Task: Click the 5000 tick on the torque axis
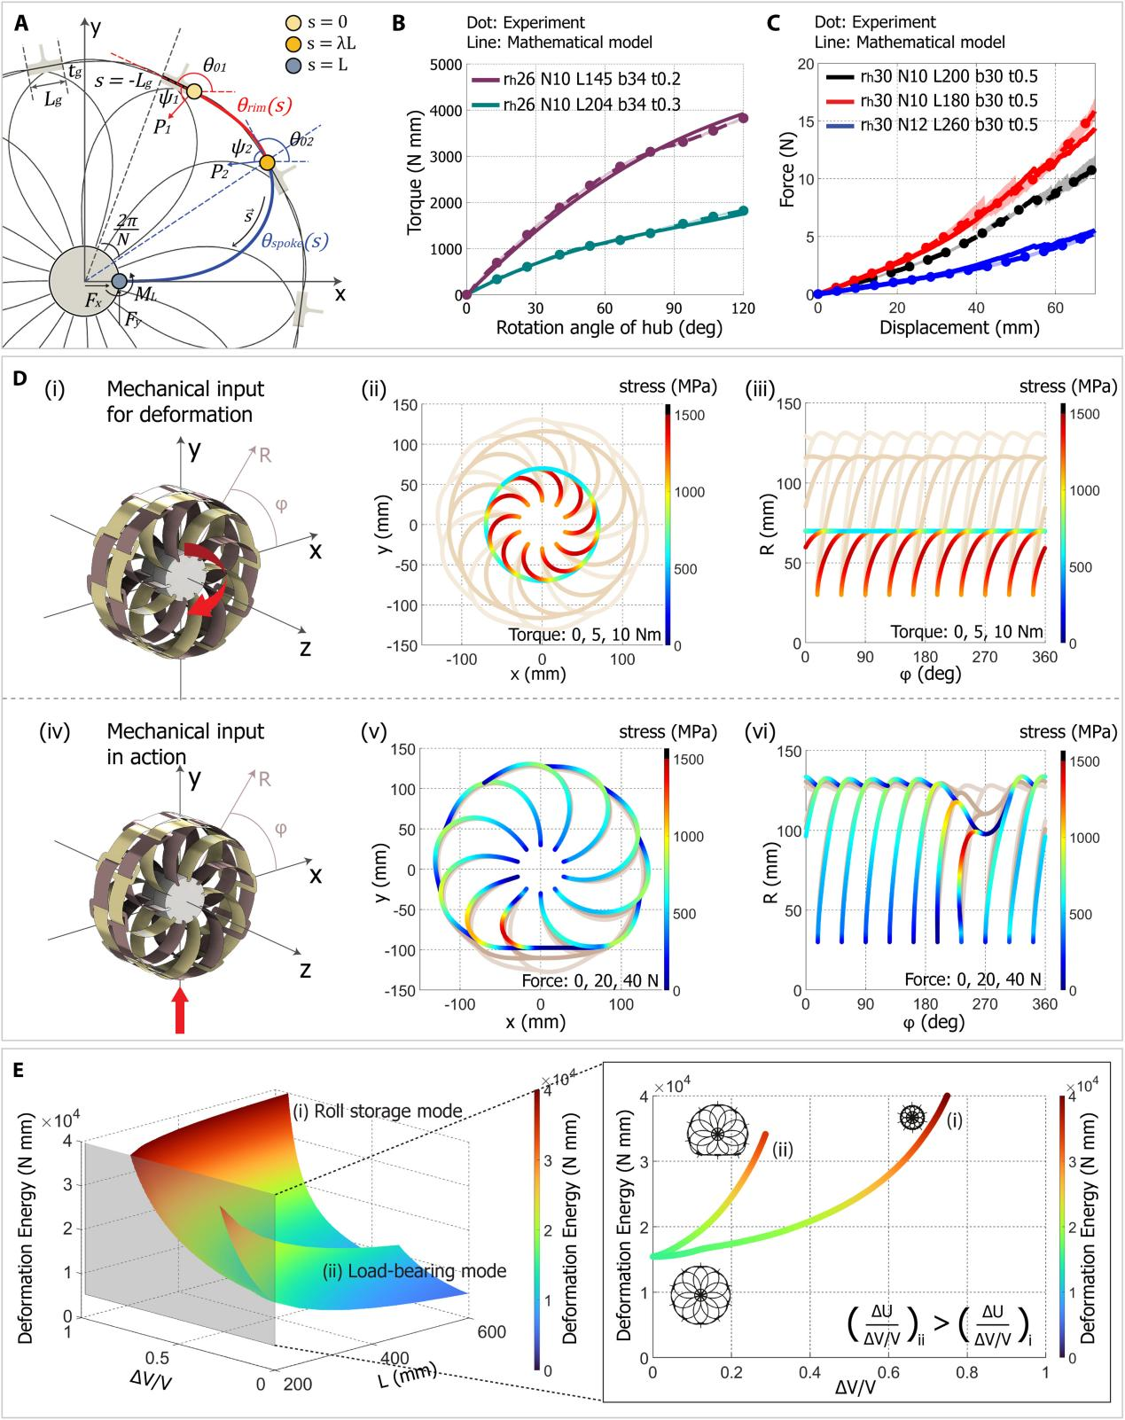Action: (441, 65)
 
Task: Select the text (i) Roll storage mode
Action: (378, 1112)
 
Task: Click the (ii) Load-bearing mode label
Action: (413, 1271)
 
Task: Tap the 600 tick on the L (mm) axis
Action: (491, 1333)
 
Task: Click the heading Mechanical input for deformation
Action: (184, 401)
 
